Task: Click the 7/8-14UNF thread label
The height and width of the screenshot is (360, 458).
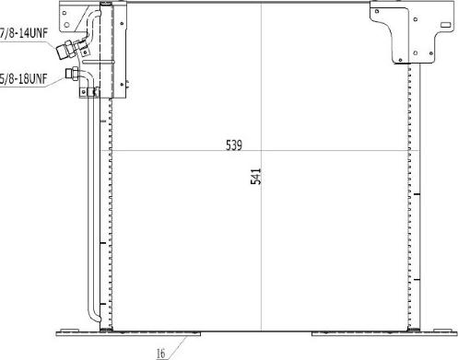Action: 23,33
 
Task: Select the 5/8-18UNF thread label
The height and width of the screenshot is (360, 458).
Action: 23,79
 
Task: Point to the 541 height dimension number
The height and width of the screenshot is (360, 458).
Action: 255,176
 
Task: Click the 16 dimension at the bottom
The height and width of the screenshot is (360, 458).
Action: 160,351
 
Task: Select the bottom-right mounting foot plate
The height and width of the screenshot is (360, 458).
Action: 378,332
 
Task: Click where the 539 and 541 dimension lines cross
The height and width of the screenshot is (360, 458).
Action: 263,149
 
